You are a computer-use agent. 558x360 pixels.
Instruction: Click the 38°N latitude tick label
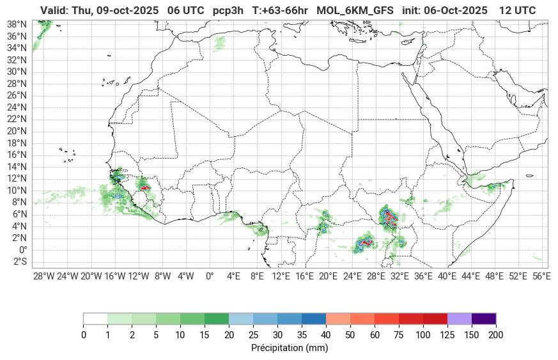pyautogui.click(x=16, y=24)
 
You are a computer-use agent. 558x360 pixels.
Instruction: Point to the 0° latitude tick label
pyautogui.click(x=22, y=250)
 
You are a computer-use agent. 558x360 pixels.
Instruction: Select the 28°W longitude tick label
pyautogui.click(x=43, y=276)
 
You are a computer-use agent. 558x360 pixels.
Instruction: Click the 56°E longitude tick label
pyautogui.click(x=541, y=276)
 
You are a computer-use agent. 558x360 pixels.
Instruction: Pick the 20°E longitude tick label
pyautogui.click(x=329, y=276)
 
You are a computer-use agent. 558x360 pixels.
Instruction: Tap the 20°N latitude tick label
pyautogui.click(x=16, y=131)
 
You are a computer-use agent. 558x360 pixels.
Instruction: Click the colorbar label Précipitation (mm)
pyautogui.click(x=290, y=348)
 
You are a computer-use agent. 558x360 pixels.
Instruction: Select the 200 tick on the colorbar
pyautogui.click(x=495, y=335)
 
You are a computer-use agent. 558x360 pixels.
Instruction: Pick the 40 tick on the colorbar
pyautogui.click(x=325, y=335)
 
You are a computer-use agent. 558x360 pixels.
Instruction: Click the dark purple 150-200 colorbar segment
pyautogui.click(x=484, y=319)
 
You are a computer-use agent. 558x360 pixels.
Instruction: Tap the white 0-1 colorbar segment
pyautogui.click(x=95, y=319)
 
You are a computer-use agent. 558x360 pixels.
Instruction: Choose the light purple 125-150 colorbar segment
pyautogui.click(x=460, y=319)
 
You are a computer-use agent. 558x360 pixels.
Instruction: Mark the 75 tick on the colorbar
pyautogui.click(x=399, y=335)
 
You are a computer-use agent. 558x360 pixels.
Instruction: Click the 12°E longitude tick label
pyautogui.click(x=281, y=276)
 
